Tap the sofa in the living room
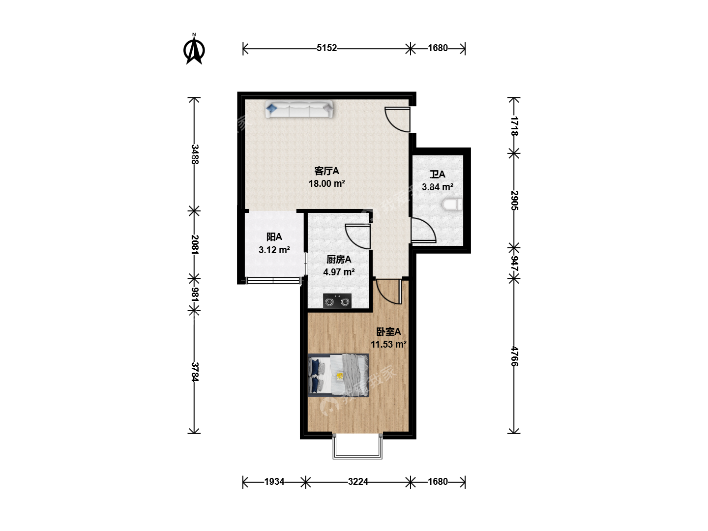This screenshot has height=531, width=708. (x=299, y=109)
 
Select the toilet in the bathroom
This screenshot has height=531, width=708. (x=452, y=205)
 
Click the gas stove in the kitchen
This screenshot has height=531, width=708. (x=337, y=301)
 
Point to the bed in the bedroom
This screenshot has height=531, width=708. (x=338, y=375)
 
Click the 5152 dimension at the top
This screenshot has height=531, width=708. (x=326, y=48)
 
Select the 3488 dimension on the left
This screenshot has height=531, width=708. (x=195, y=154)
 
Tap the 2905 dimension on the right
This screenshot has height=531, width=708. (x=514, y=200)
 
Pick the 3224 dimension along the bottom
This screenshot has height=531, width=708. (x=358, y=482)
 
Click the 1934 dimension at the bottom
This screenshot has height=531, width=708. (x=274, y=482)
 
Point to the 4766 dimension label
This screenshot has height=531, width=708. (x=514, y=356)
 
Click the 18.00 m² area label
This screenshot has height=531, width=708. (x=327, y=183)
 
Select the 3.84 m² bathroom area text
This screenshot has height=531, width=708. (x=438, y=187)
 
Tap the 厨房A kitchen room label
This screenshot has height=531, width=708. (x=339, y=260)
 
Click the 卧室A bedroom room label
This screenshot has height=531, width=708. (x=388, y=332)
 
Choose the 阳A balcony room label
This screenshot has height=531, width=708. (x=274, y=237)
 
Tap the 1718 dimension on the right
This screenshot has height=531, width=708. (x=514, y=126)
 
